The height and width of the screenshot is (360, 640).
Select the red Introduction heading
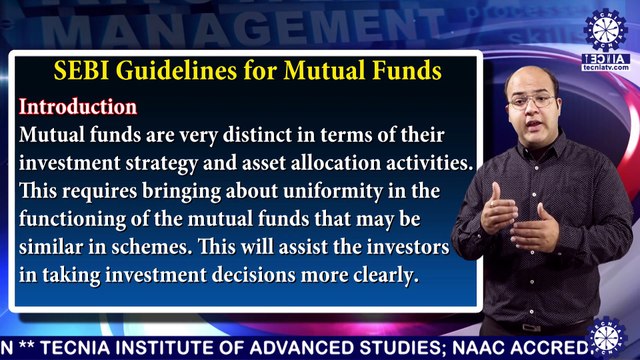pos(79,106)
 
